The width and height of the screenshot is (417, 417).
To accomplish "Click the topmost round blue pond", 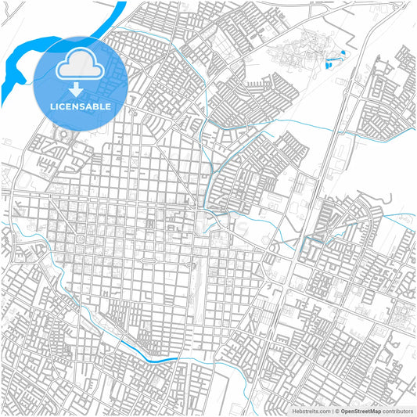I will pyautogui.click(x=342, y=52).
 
